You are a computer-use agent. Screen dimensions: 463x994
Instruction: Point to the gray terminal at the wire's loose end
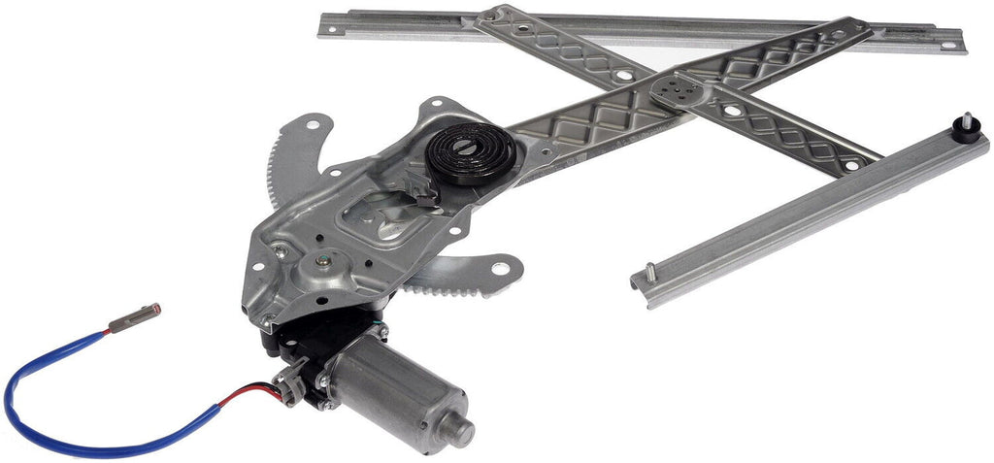[x=132, y=318]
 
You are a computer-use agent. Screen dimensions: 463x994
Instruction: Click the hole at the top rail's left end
[x=330, y=27]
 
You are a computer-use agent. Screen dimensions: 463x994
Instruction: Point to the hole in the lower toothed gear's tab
[x=504, y=265]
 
